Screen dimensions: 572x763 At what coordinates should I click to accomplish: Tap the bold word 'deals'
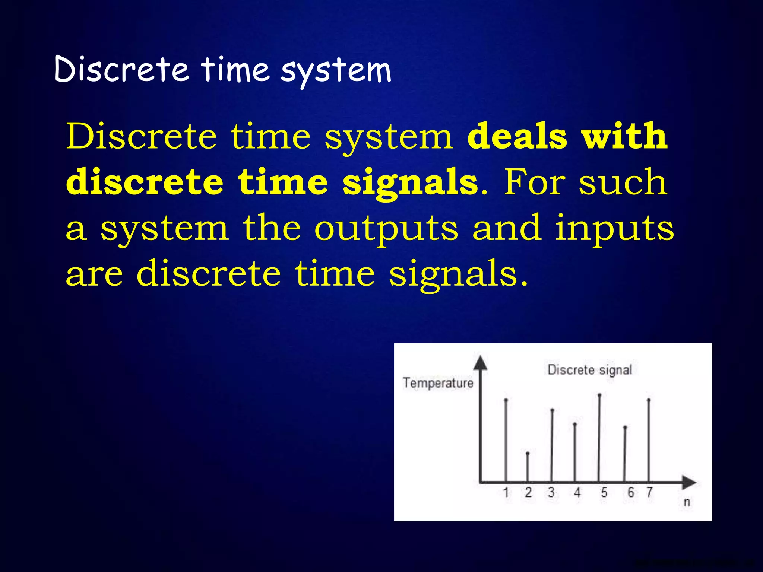click(x=517, y=136)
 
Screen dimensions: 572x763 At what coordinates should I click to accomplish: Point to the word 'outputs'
click(x=386, y=228)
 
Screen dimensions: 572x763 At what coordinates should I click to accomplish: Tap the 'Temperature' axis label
click(x=438, y=383)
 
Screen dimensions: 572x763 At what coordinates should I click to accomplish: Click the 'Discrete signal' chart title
click(x=590, y=370)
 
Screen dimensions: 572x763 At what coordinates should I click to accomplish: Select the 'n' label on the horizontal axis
click(x=687, y=502)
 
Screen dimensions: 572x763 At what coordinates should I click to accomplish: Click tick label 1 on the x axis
click(x=506, y=492)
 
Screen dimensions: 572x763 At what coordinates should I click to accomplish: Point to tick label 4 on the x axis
click(x=577, y=492)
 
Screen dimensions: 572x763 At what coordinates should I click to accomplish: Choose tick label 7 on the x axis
click(x=649, y=492)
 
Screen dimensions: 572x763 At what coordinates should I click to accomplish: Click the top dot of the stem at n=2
click(x=528, y=453)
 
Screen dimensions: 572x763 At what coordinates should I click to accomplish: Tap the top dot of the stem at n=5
click(x=599, y=395)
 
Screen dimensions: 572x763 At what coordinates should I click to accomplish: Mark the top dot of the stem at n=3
click(x=552, y=410)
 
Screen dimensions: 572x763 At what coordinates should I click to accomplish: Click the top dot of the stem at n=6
click(x=625, y=427)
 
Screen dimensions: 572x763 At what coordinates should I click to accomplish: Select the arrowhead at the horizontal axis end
click(x=689, y=483)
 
